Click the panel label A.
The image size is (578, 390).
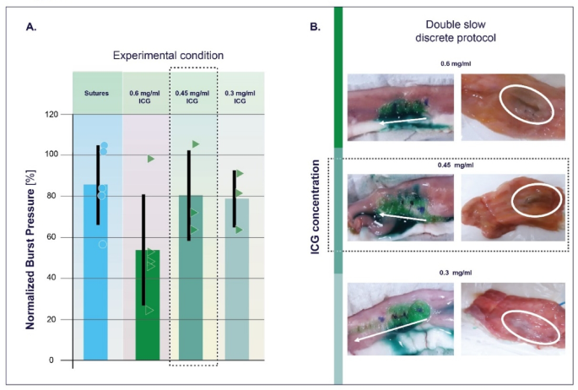coord(31,27)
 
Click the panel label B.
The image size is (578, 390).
coord(315,27)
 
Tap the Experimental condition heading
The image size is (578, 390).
coord(169,56)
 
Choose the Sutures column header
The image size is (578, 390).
coord(97,92)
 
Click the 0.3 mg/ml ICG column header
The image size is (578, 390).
coord(240,92)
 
